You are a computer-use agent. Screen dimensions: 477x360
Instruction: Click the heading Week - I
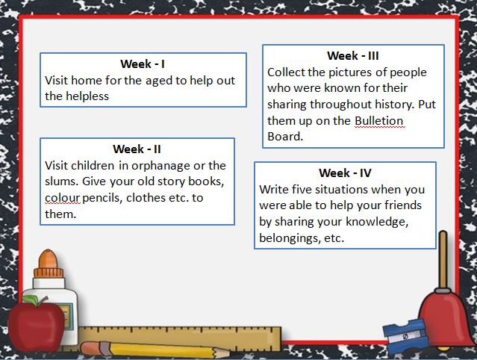point(143,64)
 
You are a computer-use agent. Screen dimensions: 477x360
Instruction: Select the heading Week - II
point(137,149)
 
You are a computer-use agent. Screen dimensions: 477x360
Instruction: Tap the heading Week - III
point(353,56)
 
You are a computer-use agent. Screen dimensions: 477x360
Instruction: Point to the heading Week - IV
point(345,173)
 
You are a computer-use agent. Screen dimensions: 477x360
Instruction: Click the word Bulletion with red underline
point(379,121)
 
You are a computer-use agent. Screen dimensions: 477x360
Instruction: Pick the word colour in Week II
point(63,198)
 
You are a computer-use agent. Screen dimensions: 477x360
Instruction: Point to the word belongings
point(290,238)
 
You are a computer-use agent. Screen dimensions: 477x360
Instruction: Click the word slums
point(63,181)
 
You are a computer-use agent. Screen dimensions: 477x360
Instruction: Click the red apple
point(36,324)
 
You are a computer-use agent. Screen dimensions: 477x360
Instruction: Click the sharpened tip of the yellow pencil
point(228,353)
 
